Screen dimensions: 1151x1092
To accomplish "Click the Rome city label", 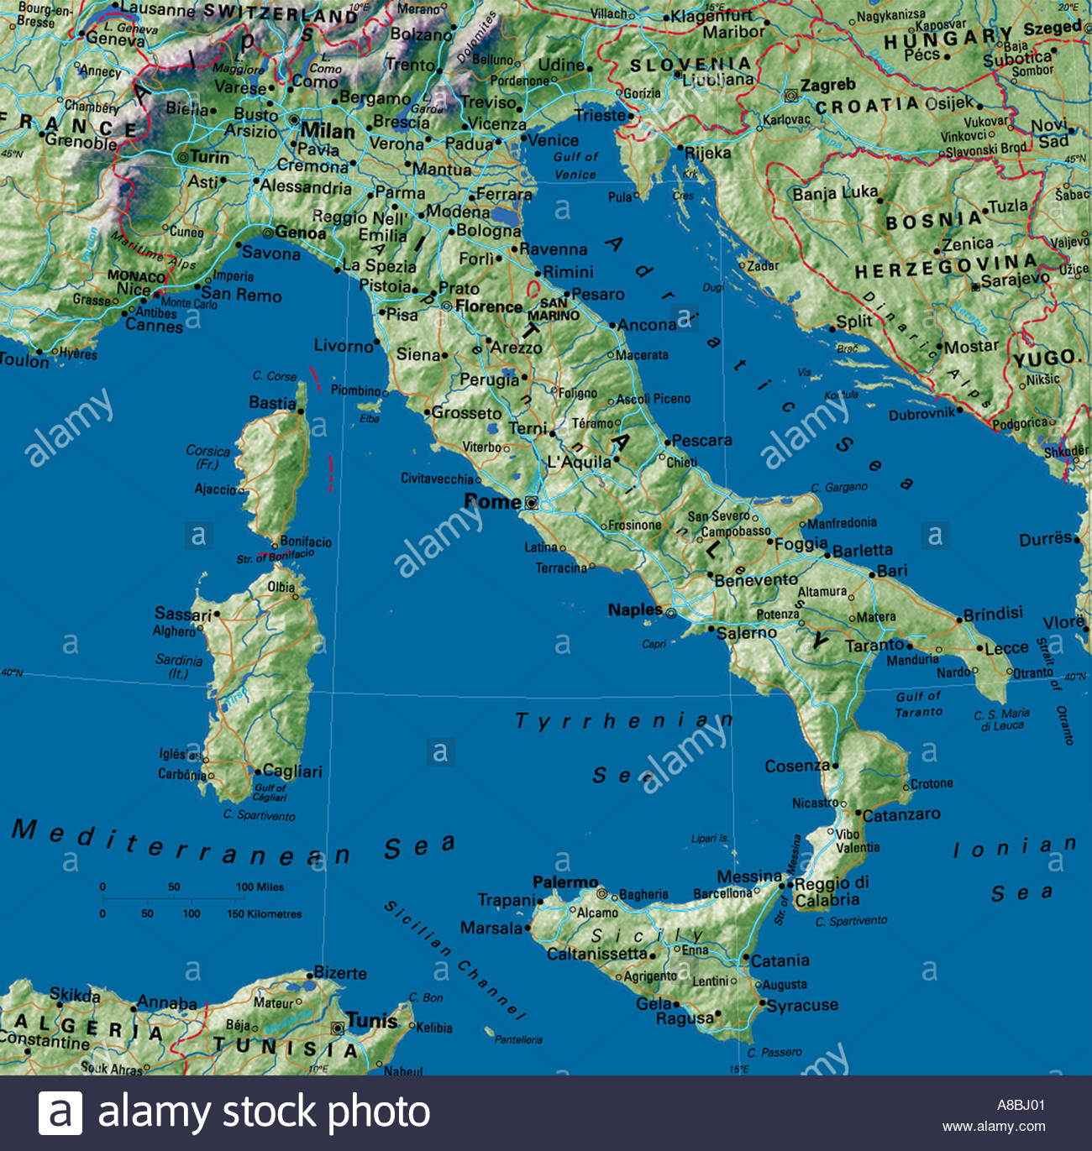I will coord(492,502).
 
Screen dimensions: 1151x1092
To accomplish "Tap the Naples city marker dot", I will coord(670,614).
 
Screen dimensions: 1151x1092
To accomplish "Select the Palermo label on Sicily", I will coord(565,882).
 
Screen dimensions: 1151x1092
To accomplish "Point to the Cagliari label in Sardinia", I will coord(292,771).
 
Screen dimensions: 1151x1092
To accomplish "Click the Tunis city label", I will coord(371,1021).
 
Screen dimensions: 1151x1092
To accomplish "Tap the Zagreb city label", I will coord(827,85).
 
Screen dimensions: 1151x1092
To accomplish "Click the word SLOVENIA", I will coord(690,65).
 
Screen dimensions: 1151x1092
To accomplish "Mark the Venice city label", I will coord(553,140).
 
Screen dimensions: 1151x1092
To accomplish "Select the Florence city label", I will coord(488,306).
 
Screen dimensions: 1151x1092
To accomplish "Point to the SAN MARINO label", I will coord(554,310).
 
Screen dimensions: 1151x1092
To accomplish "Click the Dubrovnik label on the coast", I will coord(921,414).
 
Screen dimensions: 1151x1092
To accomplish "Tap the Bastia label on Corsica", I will coord(272,403).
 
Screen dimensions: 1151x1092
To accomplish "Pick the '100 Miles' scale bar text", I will coord(260,887).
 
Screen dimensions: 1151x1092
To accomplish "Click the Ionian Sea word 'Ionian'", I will coord(1014,848).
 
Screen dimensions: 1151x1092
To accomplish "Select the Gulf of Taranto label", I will coord(919,704).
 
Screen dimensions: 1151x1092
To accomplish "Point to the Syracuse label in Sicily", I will coord(802,1005).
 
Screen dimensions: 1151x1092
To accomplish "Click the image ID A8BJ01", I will coord(1021,1105).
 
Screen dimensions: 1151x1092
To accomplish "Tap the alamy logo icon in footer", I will coord(60,1113).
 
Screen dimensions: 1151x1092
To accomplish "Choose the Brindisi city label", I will coord(993,614).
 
